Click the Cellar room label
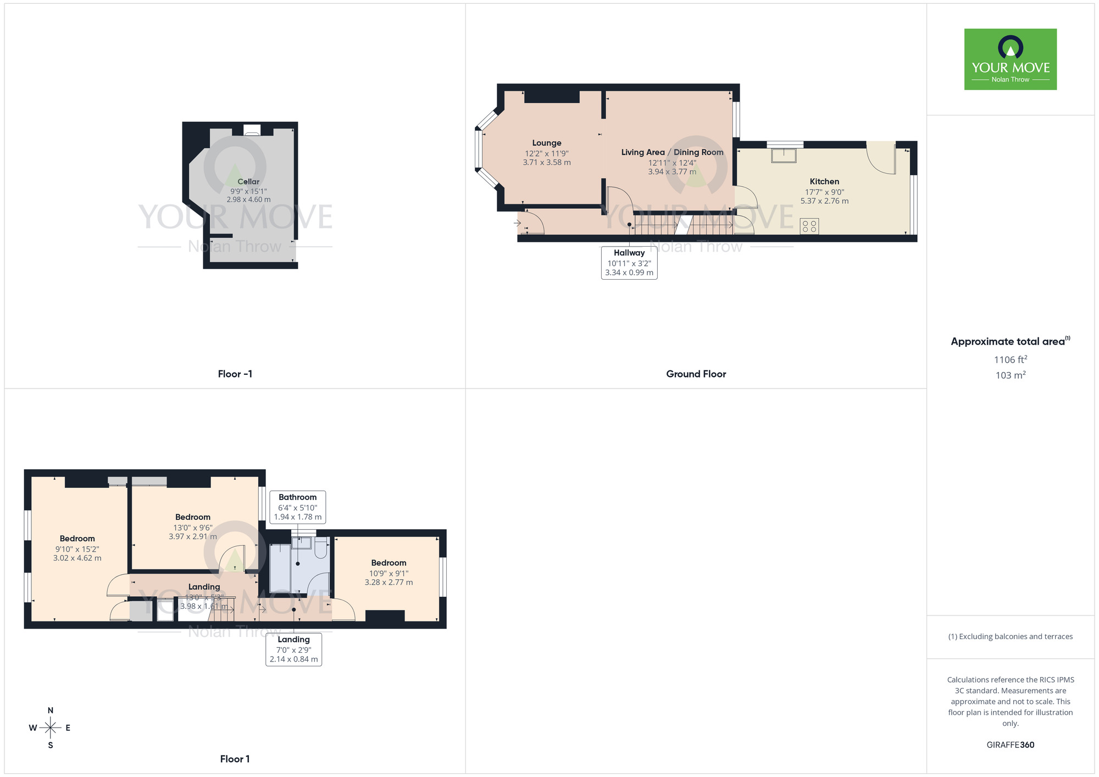tap(248, 182)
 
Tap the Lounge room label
tap(546, 143)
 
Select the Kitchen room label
tap(824, 181)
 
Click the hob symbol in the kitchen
tap(809, 226)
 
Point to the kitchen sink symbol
tap(784, 156)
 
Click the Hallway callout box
tap(629, 263)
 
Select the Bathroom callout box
tap(297, 507)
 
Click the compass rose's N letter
tap(51, 711)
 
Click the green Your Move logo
tap(1010, 59)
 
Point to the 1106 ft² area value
tap(1010, 360)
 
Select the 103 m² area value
tap(1010, 375)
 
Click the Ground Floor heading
tap(696, 374)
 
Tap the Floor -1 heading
tap(235, 374)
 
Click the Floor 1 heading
tap(235, 759)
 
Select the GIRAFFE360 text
tap(1010, 745)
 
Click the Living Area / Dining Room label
tap(672, 152)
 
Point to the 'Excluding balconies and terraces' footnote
tap(1010, 637)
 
